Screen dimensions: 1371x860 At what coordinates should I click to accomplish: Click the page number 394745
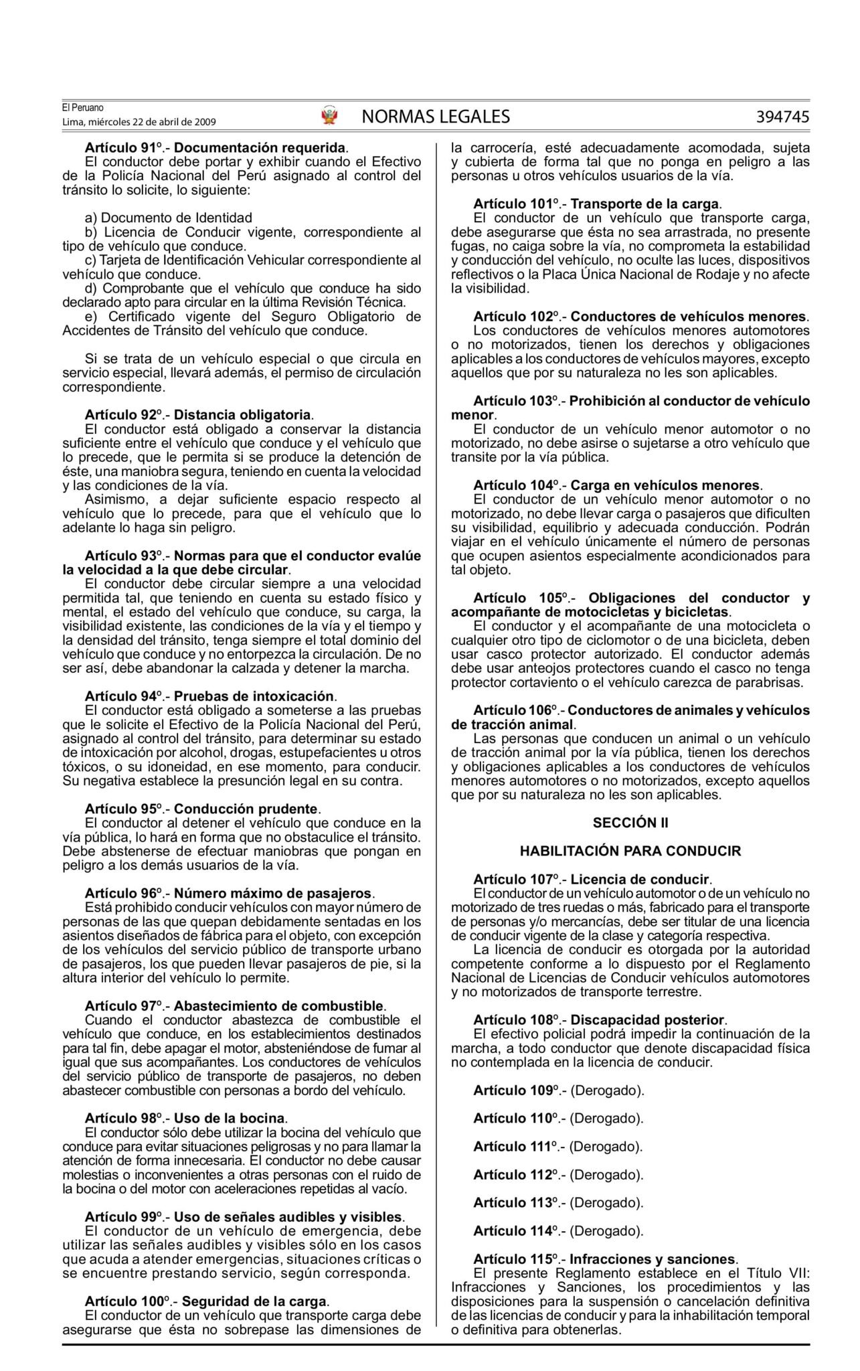click(x=782, y=116)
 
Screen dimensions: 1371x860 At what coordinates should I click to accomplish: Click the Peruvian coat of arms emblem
click(x=329, y=116)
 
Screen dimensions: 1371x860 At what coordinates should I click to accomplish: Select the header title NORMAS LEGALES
click(x=435, y=116)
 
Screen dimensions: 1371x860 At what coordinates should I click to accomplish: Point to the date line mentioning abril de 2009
click(x=139, y=122)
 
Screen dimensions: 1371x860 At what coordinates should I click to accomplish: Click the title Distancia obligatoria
click(x=242, y=414)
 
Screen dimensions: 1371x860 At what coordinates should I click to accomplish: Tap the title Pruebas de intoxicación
click(x=254, y=696)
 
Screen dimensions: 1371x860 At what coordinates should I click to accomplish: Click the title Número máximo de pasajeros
click(x=272, y=893)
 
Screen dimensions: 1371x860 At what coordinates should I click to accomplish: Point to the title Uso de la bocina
click(x=230, y=1118)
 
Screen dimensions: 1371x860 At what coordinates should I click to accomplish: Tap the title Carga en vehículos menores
click(x=665, y=485)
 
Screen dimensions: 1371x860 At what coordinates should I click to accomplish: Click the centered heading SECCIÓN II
click(x=630, y=823)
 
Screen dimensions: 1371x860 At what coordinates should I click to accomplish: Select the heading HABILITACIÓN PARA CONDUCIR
click(x=630, y=851)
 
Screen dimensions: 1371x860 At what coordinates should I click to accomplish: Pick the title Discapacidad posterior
click(x=647, y=1020)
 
